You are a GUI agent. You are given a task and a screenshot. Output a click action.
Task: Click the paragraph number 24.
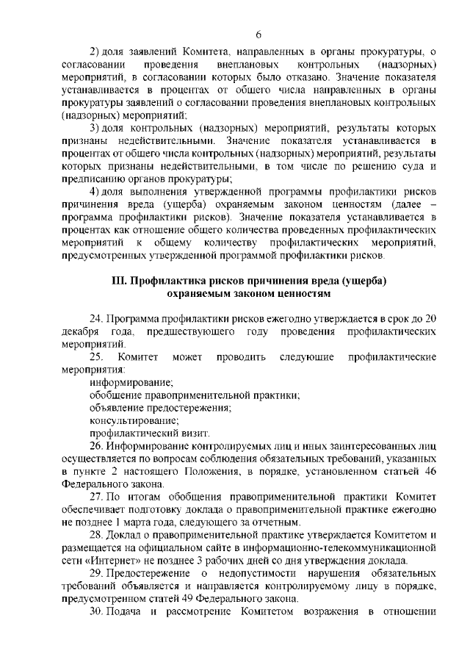[x=95, y=318]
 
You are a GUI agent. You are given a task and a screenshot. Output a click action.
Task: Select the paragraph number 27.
[x=95, y=496]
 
